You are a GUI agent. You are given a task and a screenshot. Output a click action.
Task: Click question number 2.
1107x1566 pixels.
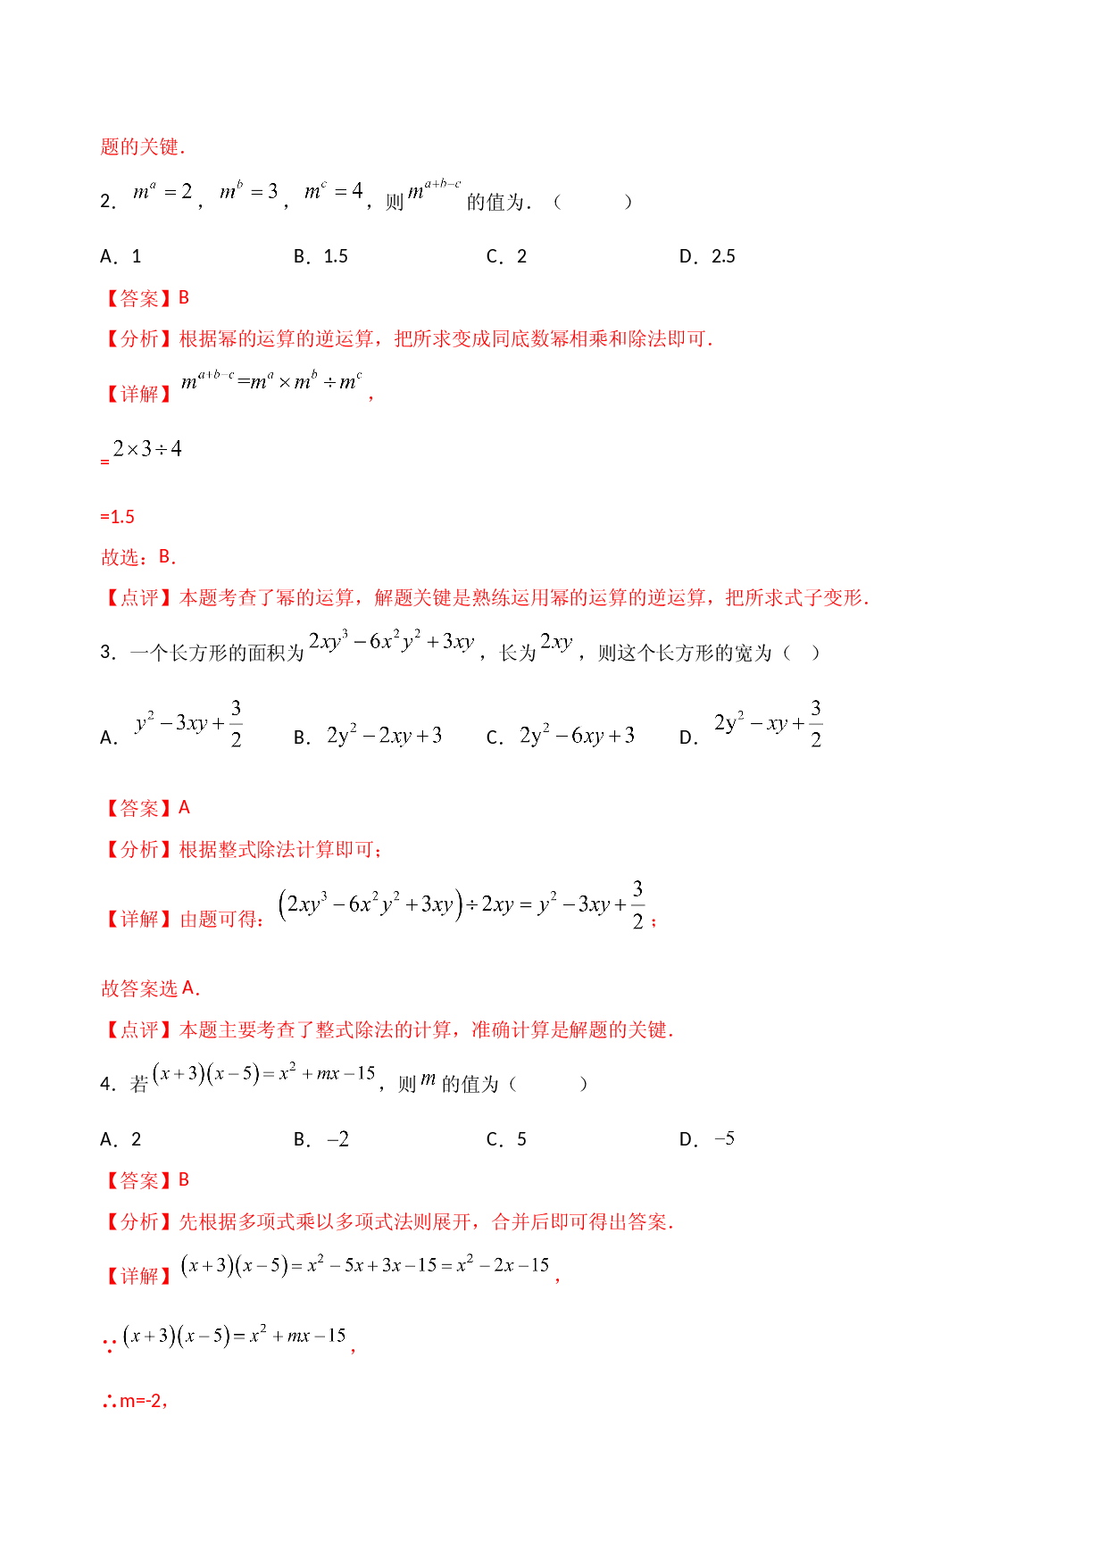pos(107,203)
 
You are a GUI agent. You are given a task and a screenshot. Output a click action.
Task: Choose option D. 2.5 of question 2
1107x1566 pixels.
pos(707,257)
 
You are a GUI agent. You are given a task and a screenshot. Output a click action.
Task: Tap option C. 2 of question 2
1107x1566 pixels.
pos(506,257)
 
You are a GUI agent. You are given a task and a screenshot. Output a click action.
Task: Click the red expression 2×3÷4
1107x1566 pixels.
pos(147,449)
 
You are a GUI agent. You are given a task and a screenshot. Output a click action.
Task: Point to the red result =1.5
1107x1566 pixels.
pos(118,517)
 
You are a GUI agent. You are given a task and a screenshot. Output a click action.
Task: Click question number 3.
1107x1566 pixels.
pos(107,653)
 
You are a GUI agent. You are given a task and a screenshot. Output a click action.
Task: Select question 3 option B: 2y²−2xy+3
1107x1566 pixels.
pos(368,737)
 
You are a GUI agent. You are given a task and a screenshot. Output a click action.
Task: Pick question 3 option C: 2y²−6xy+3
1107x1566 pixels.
pos(561,737)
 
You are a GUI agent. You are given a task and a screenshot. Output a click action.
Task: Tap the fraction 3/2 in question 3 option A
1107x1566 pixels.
pos(236,724)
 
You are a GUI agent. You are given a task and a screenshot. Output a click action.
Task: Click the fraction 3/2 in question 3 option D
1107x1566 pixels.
pos(816,724)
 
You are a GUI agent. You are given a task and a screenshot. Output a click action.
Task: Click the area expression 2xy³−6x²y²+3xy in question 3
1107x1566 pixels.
pos(391,641)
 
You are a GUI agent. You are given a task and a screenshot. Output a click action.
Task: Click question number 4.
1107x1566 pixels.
pos(107,1085)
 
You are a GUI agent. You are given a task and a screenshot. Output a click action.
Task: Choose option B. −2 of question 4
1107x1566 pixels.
pos(321,1139)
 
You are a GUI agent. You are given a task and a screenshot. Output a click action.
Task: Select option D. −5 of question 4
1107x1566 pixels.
pos(707,1139)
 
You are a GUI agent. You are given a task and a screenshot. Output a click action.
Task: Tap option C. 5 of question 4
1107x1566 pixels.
pos(506,1139)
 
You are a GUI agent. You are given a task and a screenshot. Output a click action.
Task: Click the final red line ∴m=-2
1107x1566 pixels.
pos(135,1401)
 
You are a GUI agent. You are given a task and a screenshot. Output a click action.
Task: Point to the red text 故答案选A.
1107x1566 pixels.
pos(150,988)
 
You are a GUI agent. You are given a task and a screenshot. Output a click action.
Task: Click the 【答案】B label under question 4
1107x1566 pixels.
pos(146,1180)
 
